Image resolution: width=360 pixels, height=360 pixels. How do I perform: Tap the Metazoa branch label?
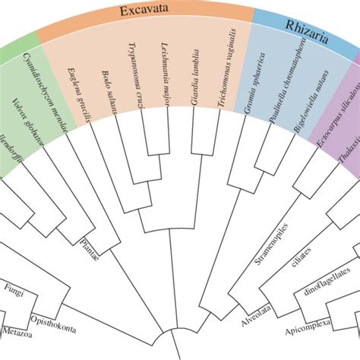[x=19, y=332]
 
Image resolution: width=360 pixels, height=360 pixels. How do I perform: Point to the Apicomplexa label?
[x=310, y=332]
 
